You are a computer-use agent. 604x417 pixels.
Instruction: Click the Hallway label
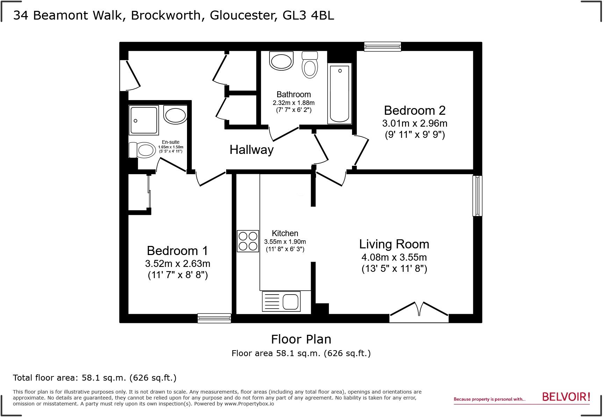coord(251,150)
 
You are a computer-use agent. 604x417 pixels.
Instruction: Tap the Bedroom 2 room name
coord(415,110)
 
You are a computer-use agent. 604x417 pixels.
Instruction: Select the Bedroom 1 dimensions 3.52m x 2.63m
coord(178,263)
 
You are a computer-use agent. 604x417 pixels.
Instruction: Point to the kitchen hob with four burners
coord(248,241)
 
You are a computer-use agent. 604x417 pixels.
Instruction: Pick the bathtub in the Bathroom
coord(339,94)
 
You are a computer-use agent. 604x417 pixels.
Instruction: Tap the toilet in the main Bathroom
coord(310,65)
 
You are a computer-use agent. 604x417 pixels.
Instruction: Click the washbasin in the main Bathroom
coord(281,61)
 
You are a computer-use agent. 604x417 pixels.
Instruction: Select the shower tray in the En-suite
coord(144,121)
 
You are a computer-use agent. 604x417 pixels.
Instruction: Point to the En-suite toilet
coord(142,150)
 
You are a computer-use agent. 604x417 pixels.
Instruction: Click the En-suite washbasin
coord(175,115)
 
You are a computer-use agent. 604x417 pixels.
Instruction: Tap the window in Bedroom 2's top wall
coord(382,47)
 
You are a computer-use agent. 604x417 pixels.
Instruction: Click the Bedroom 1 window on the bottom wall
coord(214,318)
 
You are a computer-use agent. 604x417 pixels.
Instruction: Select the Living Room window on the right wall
coord(477,196)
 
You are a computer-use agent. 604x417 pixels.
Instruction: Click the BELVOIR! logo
coord(566,397)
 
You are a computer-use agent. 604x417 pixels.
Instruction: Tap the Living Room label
coord(394,244)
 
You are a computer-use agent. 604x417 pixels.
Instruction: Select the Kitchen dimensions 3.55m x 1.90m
coord(285,242)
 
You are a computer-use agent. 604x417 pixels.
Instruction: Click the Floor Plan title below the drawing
coord(301,339)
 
